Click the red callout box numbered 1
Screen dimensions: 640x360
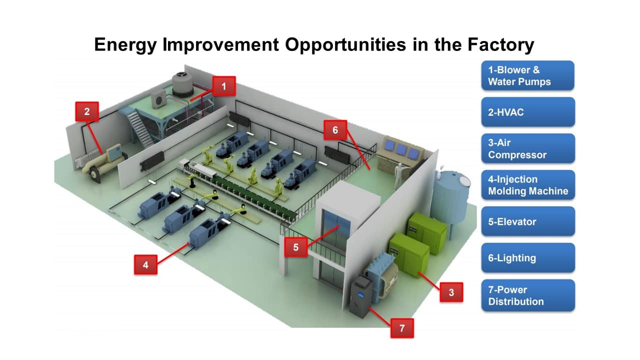pyautogui.click(x=224, y=86)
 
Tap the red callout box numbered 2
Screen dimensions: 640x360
pyautogui.click(x=87, y=111)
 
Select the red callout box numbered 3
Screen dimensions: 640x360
pyautogui.click(x=451, y=292)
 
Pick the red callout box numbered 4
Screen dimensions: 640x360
pyautogui.click(x=145, y=265)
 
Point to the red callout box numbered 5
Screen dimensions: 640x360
pyautogui.click(x=296, y=247)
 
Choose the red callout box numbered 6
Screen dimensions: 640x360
pyautogui.click(x=335, y=130)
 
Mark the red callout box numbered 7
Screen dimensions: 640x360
pyautogui.click(x=402, y=328)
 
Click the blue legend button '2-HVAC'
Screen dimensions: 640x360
pyautogui.click(x=528, y=112)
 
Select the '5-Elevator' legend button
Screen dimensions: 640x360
pyautogui.click(x=528, y=221)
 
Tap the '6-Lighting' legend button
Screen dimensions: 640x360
pyautogui.click(x=528, y=257)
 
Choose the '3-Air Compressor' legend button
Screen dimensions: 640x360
pyautogui.click(x=528, y=148)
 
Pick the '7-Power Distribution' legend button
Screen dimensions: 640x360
pyautogui.click(x=528, y=295)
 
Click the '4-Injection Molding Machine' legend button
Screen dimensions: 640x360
pyautogui.click(x=528, y=185)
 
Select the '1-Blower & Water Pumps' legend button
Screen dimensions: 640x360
pyautogui.click(x=527, y=75)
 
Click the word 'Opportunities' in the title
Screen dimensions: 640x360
pyautogui.click(x=345, y=45)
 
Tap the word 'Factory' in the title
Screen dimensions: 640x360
pyautogui.click(x=500, y=45)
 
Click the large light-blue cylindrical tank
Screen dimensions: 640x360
pyautogui.click(x=450, y=197)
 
